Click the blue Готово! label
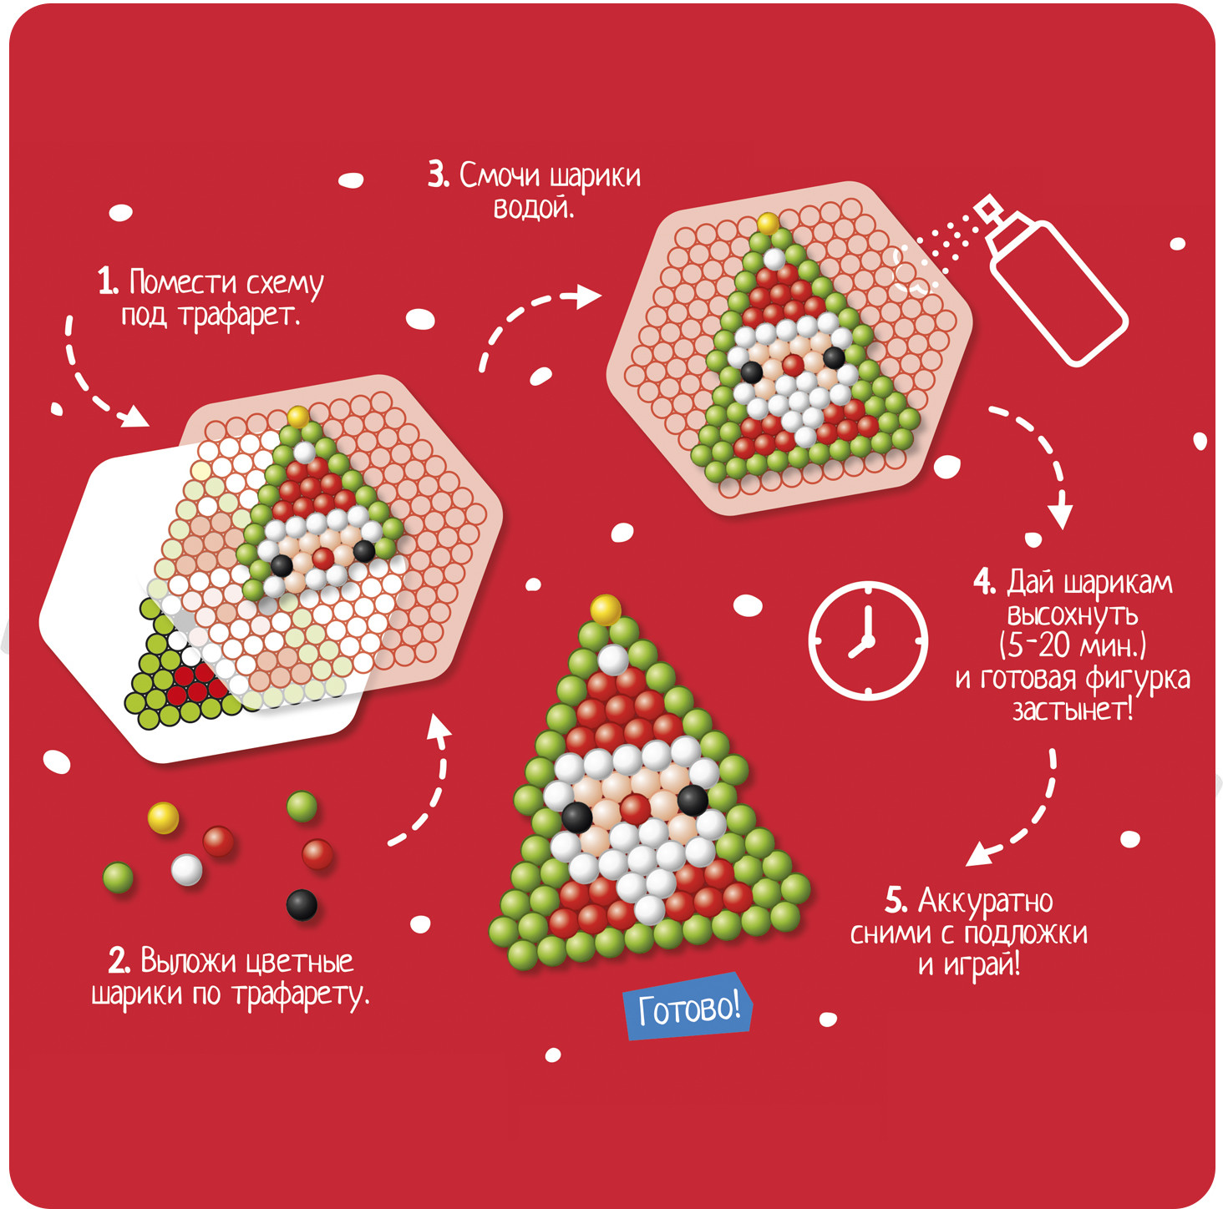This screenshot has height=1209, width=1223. [x=688, y=1007]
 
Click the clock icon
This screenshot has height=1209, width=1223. [x=868, y=641]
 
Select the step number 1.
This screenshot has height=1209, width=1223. [x=108, y=281]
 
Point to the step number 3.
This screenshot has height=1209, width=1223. [x=439, y=175]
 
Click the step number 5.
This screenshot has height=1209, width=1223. [x=896, y=901]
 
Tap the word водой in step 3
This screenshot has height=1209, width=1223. [x=534, y=208]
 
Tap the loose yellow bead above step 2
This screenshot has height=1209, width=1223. [x=163, y=817]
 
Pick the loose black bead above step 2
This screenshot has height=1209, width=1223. [x=302, y=904]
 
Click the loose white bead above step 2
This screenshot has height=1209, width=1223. [x=186, y=869]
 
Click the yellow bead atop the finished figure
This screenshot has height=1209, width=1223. [x=606, y=610]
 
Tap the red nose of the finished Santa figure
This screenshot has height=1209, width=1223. [x=635, y=808]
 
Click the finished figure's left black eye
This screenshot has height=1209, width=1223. [x=577, y=817]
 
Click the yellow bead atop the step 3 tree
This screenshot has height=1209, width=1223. [x=768, y=224]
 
